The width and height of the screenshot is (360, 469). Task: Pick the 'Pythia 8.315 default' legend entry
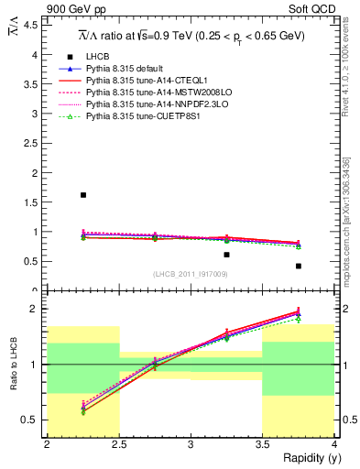[x=125, y=69]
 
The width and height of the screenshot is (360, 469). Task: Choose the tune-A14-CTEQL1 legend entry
[x=143, y=81]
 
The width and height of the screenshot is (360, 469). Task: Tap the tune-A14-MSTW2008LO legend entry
[x=149, y=93]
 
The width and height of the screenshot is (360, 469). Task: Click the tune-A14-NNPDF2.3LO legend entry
[x=149, y=104]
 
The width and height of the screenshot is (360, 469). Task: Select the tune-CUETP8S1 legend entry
[x=138, y=116]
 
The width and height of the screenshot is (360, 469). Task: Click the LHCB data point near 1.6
[x=83, y=195]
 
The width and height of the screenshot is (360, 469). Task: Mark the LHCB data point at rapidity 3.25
[x=226, y=255]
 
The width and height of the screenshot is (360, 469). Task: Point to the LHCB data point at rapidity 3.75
[x=299, y=266]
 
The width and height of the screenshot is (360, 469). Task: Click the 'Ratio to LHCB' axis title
[x=14, y=366]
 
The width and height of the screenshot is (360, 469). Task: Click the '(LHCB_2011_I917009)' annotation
[x=191, y=274]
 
